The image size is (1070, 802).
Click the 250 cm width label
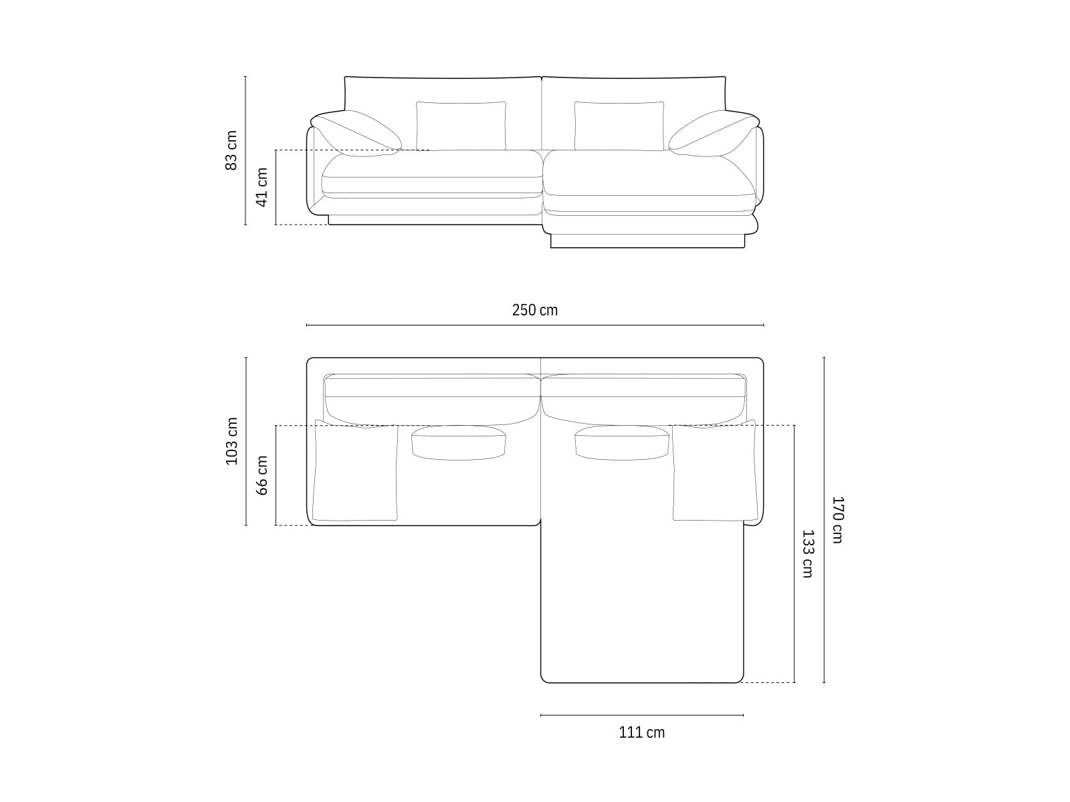(534, 310)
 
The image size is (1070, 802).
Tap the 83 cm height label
(231, 150)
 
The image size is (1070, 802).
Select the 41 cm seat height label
(262, 187)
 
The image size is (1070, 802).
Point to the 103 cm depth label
(231, 441)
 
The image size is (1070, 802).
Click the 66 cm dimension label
(262, 475)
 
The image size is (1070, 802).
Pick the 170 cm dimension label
(838, 519)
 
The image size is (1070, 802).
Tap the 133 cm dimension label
(808, 553)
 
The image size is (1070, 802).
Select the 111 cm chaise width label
(641, 732)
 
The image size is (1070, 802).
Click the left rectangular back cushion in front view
(461, 126)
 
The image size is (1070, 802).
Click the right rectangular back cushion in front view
(619, 126)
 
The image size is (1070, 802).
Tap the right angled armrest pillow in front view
(712, 132)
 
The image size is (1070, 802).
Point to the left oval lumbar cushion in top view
(458, 442)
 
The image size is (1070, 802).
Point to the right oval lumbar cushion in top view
(621, 442)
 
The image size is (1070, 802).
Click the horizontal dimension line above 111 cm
(641, 715)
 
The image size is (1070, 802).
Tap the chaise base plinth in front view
(647, 241)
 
